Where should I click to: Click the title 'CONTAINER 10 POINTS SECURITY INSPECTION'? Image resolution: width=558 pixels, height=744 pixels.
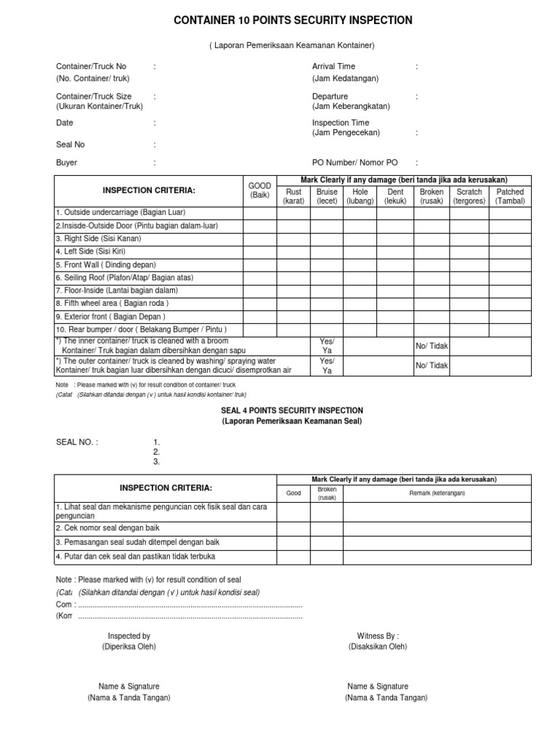(x=293, y=21)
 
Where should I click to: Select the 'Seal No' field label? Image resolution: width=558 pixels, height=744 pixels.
(x=70, y=145)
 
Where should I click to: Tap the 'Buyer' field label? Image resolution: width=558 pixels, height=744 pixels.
(x=67, y=163)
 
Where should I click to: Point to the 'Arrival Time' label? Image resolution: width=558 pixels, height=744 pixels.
(x=333, y=66)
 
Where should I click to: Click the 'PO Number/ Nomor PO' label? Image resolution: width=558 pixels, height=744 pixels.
(x=355, y=163)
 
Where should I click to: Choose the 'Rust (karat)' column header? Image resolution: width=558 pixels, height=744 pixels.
(x=294, y=196)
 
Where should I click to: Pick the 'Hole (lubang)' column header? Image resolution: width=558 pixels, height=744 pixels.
(x=360, y=196)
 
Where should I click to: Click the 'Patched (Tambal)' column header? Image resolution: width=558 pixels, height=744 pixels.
(x=509, y=196)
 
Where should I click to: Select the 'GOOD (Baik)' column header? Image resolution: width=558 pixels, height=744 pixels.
(x=259, y=190)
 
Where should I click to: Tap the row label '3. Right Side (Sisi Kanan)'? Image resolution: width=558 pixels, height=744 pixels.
(x=98, y=238)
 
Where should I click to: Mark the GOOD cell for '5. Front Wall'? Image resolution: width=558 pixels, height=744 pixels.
(x=259, y=264)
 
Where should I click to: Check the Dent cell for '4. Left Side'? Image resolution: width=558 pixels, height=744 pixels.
(x=395, y=251)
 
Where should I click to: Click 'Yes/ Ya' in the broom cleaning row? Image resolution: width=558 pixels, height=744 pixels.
(x=327, y=346)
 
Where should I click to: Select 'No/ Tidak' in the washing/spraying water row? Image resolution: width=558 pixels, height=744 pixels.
(x=432, y=365)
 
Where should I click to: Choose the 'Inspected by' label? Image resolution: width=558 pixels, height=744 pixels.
(x=129, y=636)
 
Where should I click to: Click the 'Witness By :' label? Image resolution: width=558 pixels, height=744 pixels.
(x=378, y=636)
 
